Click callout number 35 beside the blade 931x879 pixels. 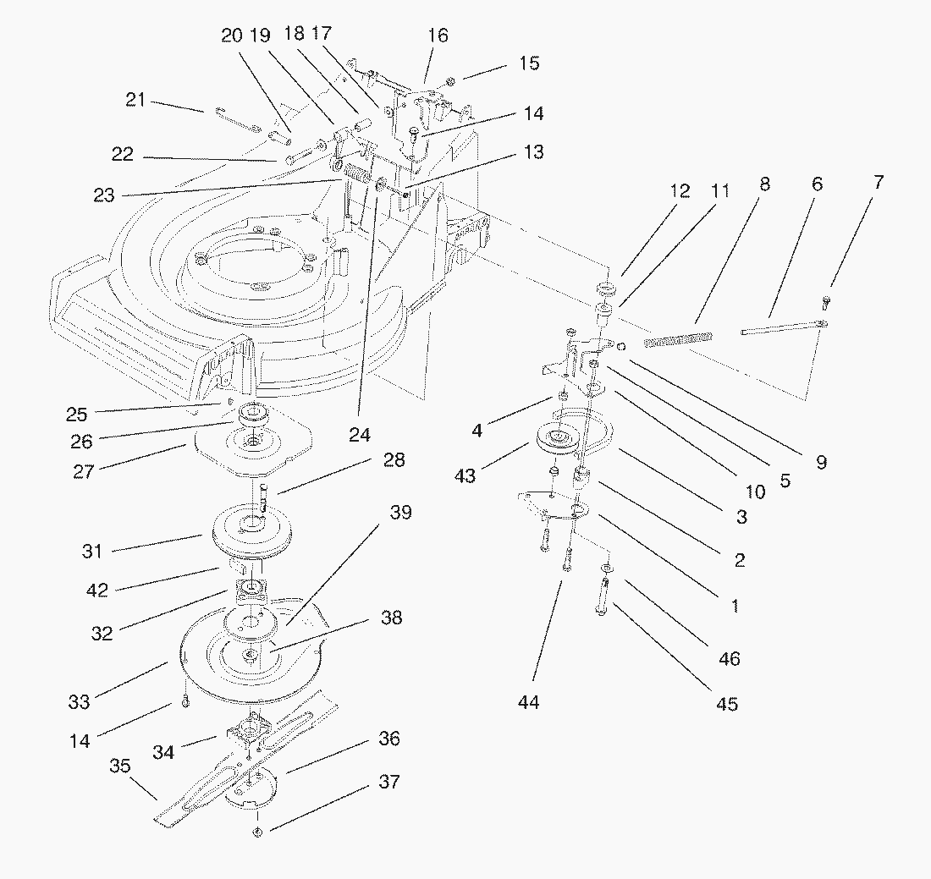120,766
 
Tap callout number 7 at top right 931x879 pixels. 878,182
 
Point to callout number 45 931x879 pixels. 727,703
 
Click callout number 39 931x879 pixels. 400,513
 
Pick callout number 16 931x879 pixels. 438,36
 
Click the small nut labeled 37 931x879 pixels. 257,832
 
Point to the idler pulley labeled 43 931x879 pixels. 559,437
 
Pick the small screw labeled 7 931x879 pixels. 827,302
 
